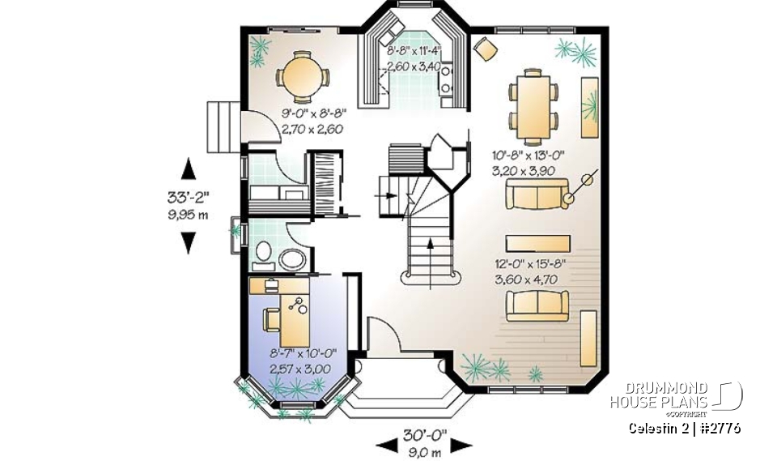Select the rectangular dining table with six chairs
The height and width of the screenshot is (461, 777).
tap(533, 99)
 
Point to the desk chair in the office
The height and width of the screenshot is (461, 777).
tap(270, 319)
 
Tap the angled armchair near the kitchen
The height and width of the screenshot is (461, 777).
tap(486, 48)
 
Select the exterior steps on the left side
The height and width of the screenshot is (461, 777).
tap(223, 127)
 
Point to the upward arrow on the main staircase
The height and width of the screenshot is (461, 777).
tap(429, 242)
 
